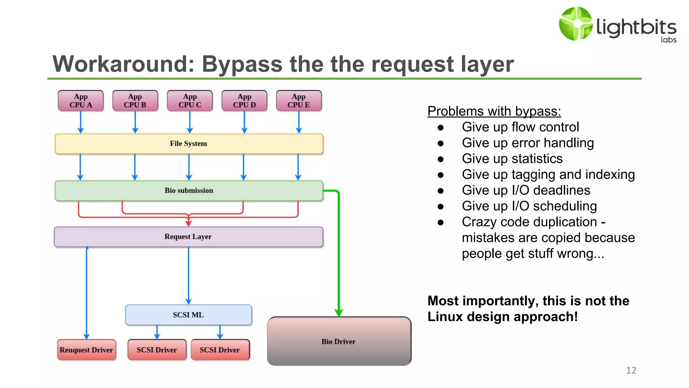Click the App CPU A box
[x=81, y=101]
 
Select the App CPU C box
[x=190, y=101]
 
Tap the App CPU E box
[x=299, y=101]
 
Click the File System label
[x=188, y=143]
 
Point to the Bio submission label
[x=189, y=191]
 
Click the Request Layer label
[x=188, y=237]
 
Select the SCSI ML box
[x=188, y=315]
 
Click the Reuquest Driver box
[x=86, y=350]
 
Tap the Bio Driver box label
[x=338, y=342]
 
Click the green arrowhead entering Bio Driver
[x=339, y=313]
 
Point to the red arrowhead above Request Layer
[x=189, y=223]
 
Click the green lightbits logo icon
[x=576, y=24]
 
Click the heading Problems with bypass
[x=494, y=111]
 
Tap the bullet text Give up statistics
[x=512, y=159]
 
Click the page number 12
[x=631, y=370]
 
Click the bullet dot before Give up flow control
[x=441, y=128]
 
